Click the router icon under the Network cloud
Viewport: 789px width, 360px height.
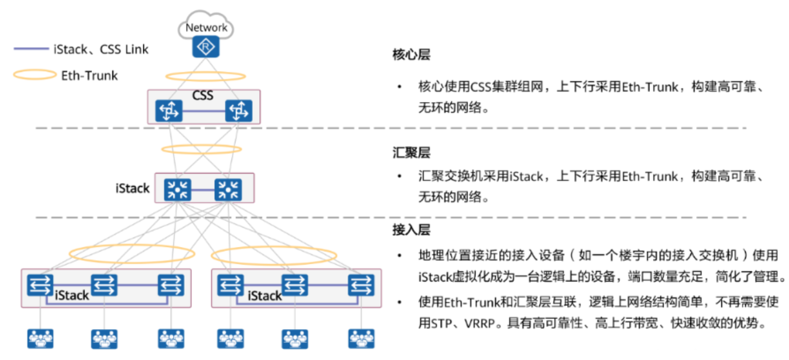click(x=206, y=46)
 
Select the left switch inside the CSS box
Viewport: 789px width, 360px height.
click(x=169, y=111)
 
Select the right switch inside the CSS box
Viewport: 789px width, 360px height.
click(x=238, y=111)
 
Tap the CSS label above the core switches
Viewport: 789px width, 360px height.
click(x=203, y=96)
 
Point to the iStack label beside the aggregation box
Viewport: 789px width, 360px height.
click(x=132, y=188)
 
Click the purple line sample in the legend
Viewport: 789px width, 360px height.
click(x=31, y=49)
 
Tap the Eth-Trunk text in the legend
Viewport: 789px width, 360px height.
click(x=90, y=75)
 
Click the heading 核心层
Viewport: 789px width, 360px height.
click(x=411, y=55)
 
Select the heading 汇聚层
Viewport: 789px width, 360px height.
click(x=411, y=153)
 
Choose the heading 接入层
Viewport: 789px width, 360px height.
click(x=411, y=229)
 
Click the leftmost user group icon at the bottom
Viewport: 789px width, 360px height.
click(x=40, y=339)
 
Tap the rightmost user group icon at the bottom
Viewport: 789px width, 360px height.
click(x=361, y=339)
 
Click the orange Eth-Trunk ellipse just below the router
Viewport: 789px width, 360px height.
click(x=206, y=76)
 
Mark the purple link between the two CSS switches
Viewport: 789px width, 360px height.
click(x=204, y=111)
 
